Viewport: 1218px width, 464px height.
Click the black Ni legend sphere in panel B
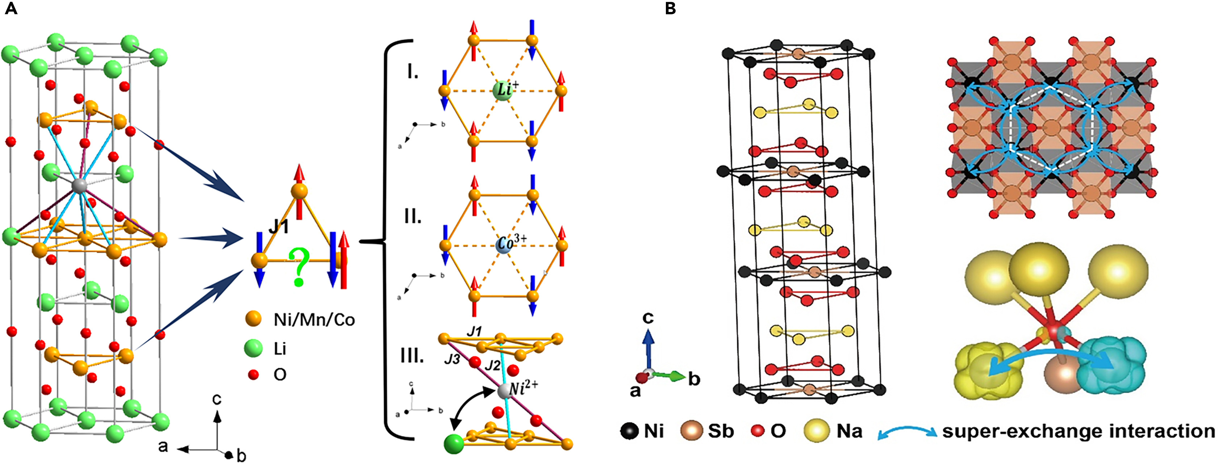[x=629, y=431]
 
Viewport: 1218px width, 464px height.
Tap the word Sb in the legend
[x=721, y=431]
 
